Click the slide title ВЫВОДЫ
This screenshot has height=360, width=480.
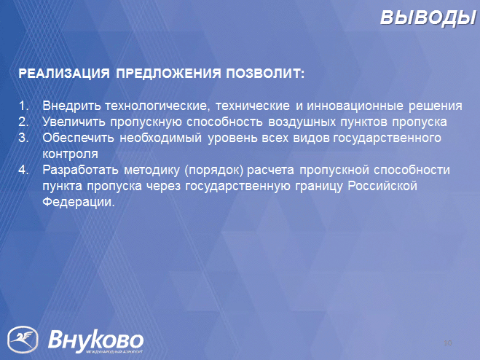(x=429, y=17)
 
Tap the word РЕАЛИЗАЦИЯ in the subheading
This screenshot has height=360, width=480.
(x=64, y=74)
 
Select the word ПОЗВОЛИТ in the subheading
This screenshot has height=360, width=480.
(x=265, y=74)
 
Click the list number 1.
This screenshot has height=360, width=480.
(x=23, y=106)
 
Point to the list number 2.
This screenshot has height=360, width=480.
(x=23, y=122)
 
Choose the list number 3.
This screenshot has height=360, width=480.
(x=23, y=138)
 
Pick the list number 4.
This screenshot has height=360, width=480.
(x=23, y=170)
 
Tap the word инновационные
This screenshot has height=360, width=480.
(x=355, y=106)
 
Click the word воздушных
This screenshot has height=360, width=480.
(x=302, y=122)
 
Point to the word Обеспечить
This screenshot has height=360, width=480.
(x=78, y=138)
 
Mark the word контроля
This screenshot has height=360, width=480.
(x=70, y=154)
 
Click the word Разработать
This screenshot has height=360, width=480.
(x=80, y=170)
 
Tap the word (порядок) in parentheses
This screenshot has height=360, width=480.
(x=214, y=171)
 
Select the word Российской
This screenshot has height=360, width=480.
(x=382, y=186)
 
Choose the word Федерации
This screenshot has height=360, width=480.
(x=79, y=202)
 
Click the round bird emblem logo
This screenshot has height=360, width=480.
(x=23, y=340)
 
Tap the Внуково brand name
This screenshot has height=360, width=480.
(x=96, y=340)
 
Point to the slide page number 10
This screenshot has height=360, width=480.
(x=447, y=343)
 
